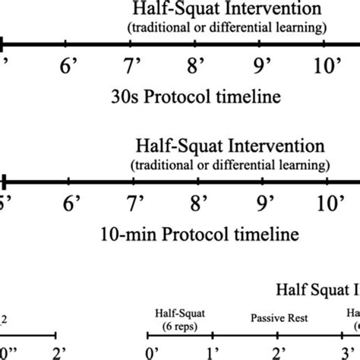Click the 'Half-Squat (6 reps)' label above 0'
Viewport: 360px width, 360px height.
(x=179, y=317)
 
